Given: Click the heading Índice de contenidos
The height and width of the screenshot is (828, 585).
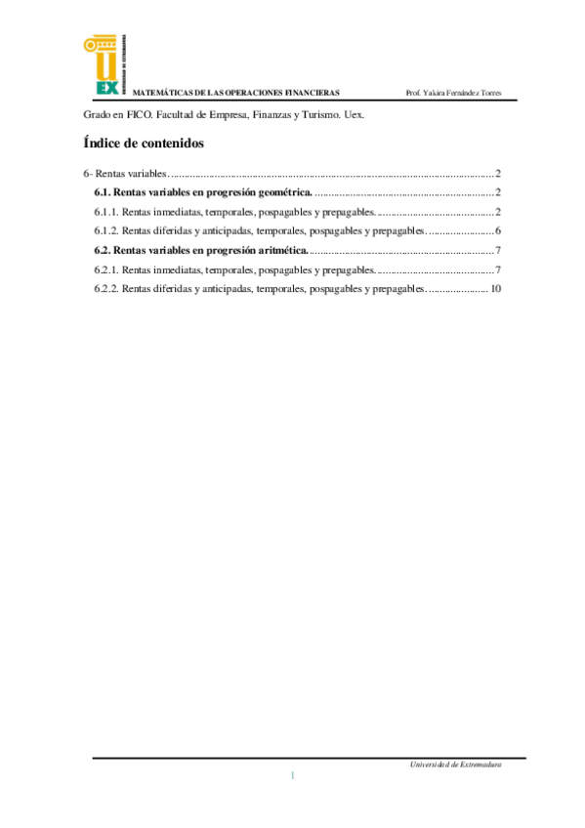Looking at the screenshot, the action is coord(144,143).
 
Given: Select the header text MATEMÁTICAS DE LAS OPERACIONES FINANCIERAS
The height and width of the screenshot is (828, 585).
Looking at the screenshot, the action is coord(235,93).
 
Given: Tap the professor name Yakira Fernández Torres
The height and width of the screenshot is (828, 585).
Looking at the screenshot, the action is coord(453,93).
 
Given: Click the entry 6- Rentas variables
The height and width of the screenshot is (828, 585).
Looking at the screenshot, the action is coord(127,173).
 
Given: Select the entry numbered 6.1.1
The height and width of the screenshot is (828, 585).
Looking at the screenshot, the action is coord(234,212).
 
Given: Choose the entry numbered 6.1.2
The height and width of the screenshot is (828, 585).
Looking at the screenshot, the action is coord(259,231).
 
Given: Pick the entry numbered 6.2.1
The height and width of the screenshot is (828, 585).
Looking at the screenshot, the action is coord(234,269).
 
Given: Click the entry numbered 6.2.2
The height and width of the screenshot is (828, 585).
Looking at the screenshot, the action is coord(259,289).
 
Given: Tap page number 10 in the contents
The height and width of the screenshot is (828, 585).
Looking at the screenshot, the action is coord(496,289).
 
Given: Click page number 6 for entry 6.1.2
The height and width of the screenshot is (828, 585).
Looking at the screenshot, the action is coord(498,231).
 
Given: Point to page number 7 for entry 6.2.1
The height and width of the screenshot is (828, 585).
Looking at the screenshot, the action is coord(498,269).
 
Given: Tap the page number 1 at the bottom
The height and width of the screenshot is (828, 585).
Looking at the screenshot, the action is coord(292,775).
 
